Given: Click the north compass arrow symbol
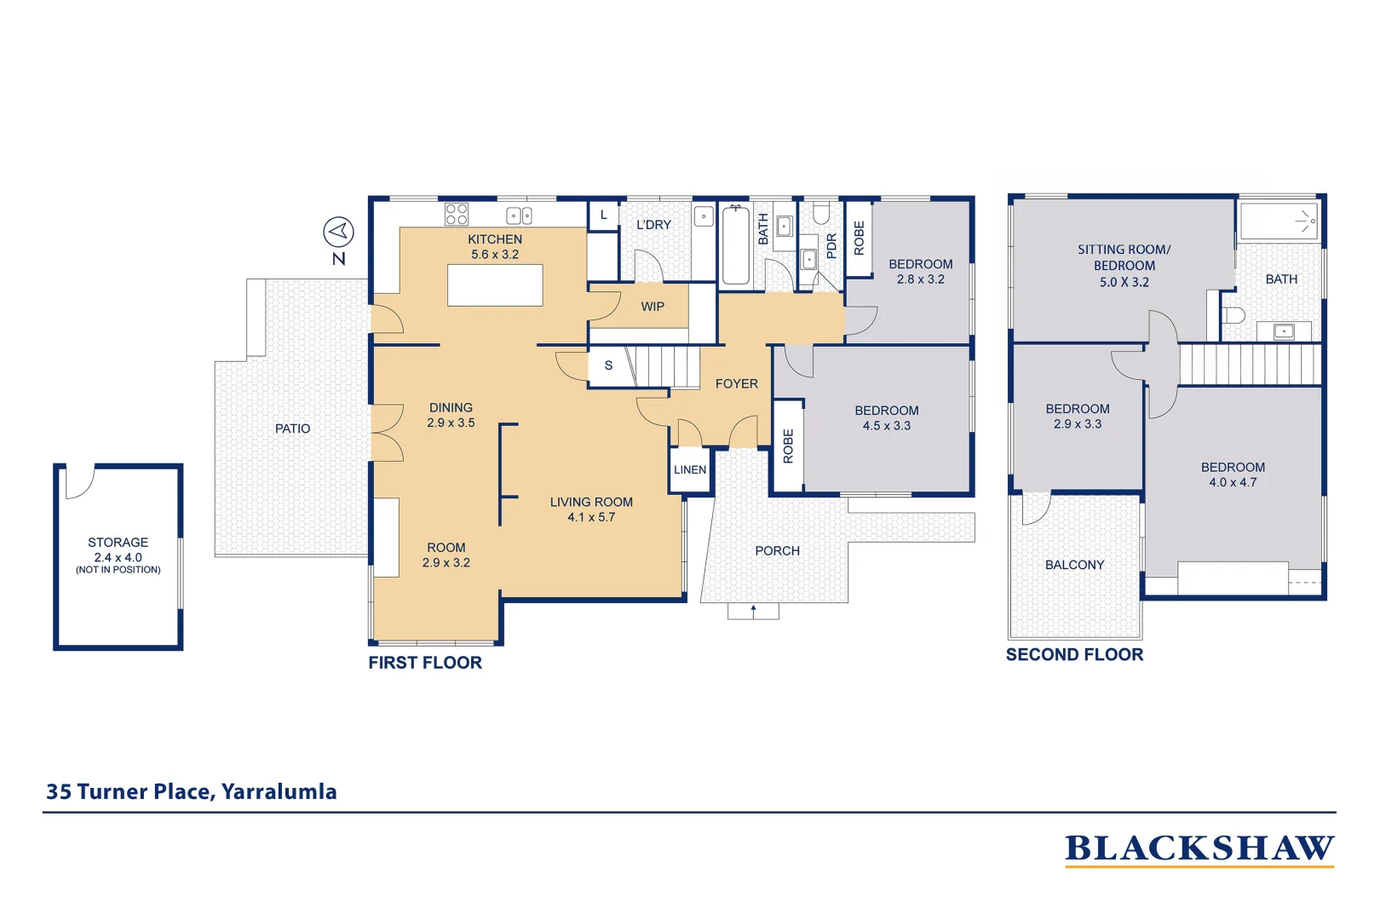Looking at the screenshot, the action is tap(338, 233).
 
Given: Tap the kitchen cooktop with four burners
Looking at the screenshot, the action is tap(457, 215).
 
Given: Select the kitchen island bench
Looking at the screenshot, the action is tap(495, 285).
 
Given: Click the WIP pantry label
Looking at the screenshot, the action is tap(653, 307).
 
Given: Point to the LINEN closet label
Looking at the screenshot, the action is tap(690, 469).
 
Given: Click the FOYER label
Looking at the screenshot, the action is tap(736, 384).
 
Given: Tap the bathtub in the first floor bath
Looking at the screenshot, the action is tap(734, 244).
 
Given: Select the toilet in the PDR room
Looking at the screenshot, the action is tap(821, 213).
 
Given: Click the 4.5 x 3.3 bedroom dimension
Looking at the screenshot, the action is tap(887, 426).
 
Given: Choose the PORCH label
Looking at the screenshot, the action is tap(778, 551).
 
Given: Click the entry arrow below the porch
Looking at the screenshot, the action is tap(753, 612).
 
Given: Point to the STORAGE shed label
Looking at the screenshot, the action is tap(118, 543).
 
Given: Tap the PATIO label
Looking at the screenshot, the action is tap(293, 428).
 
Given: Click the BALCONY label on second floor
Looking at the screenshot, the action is tap(1074, 565).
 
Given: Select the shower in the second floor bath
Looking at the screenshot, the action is tap(1279, 221).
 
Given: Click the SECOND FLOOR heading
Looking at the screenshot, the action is tap(1074, 654).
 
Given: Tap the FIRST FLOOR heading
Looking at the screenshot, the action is tap(425, 663).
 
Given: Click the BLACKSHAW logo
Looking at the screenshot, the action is tap(1199, 850).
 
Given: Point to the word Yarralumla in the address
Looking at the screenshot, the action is tap(279, 791).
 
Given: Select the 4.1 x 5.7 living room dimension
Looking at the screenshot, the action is tap(591, 517).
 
